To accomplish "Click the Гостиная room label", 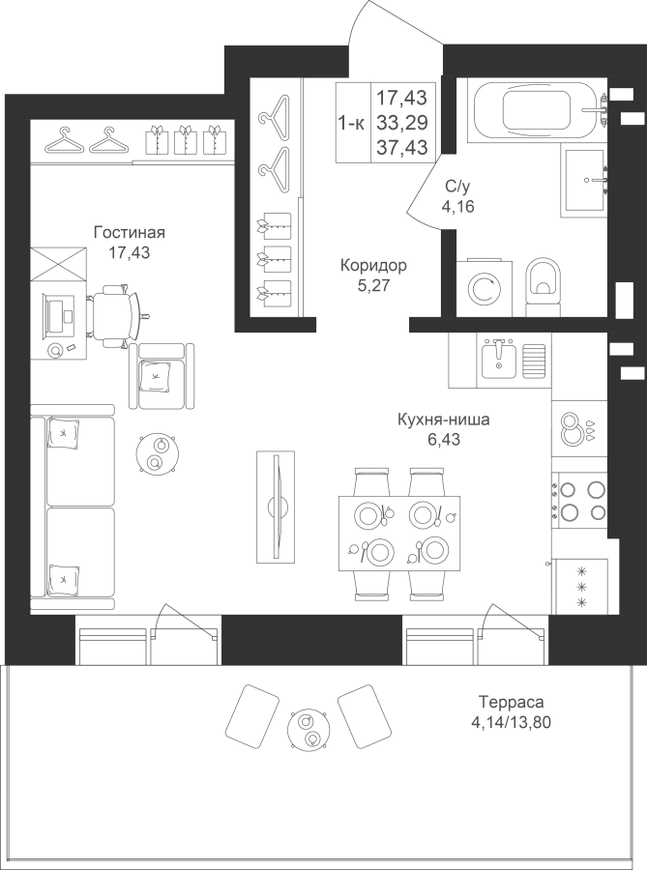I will pyautogui.click(x=130, y=233).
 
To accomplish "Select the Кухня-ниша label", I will pyautogui.click(x=443, y=420).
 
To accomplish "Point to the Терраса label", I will pyautogui.click(x=510, y=703).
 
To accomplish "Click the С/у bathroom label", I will pyautogui.click(x=457, y=188).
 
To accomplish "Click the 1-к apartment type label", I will pyautogui.click(x=350, y=122).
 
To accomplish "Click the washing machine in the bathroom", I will pyautogui.click(x=482, y=286).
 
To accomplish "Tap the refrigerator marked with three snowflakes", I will pyautogui.click(x=581, y=586).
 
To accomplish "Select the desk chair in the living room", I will pyautogui.click(x=121, y=310).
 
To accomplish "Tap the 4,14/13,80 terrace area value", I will pyautogui.click(x=510, y=722).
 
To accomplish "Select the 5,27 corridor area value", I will pyautogui.click(x=372, y=285).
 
